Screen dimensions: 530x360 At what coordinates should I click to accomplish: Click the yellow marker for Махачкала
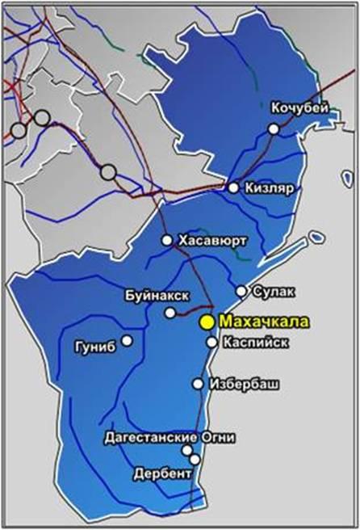coord(207,322)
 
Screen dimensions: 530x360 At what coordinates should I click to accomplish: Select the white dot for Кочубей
coord(274,128)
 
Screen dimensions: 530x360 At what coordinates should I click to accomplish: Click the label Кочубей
coord(300,107)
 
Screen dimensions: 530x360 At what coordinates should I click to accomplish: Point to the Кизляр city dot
coord(233,187)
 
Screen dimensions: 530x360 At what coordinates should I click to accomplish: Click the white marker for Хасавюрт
coord(167,240)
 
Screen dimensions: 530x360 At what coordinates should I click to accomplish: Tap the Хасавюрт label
coord(211,240)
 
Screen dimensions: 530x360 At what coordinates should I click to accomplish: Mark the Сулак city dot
coord(241,291)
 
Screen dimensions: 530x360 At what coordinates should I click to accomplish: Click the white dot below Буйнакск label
coord(170,313)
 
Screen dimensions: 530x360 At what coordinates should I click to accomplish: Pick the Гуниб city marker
coord(127,340)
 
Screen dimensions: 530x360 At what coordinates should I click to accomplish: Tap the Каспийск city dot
coord(211,342)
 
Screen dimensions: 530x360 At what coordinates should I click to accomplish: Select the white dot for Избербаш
coord(198,384)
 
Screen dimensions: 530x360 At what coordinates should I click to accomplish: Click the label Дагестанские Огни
coord(170,437)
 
